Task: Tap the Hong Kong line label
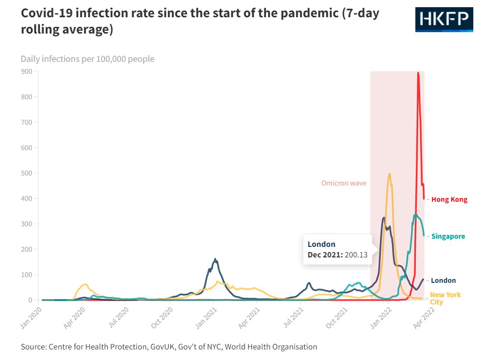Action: coord(449,199)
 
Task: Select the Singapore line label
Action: coord(448,236)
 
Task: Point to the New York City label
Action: coord(445,298)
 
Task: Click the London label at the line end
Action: coord(443,280)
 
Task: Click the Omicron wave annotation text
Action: coord(343,183)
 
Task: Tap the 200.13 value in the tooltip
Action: coord(356,255)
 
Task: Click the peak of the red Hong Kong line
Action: coord(418,73)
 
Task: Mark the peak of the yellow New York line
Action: coord(390,174)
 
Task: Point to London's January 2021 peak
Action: coord(215,259)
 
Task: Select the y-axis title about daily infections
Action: coord(87,59)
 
